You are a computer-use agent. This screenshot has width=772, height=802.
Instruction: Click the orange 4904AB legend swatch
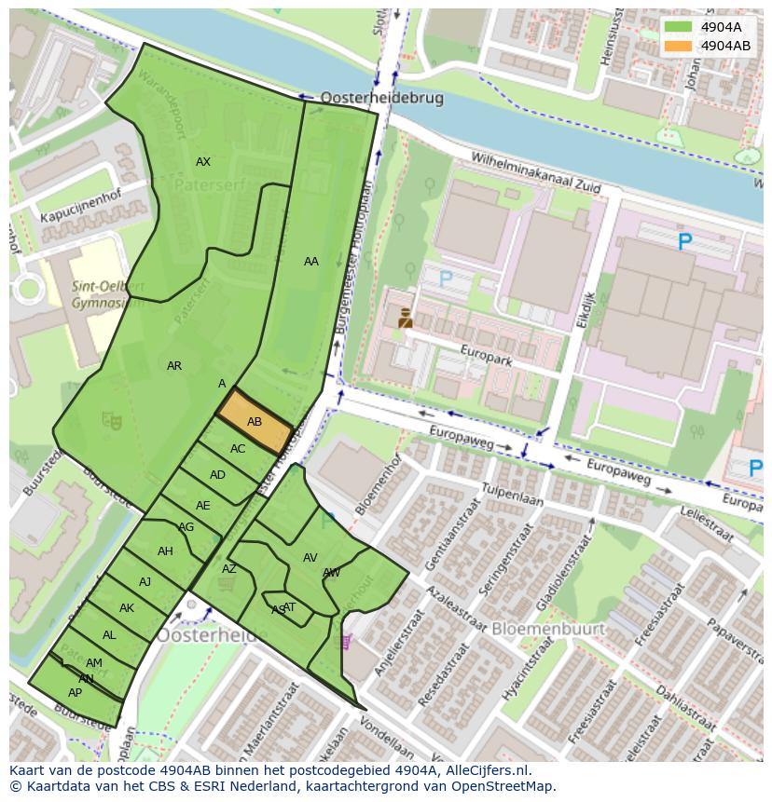[x=678, y=46]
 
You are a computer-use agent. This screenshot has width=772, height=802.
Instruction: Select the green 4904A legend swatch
[x=678, y=27]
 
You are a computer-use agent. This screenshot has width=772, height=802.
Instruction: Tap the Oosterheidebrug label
[x=381, y=98]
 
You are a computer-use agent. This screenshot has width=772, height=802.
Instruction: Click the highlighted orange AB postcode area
[x=255, y=422]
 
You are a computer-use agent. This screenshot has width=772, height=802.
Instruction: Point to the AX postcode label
[x=203, y=162]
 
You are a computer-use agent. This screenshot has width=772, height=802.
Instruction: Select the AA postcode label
[x=311, y=262]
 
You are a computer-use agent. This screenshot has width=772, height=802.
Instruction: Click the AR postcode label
[x=174, y=366]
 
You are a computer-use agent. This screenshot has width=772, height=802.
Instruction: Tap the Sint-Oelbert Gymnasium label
[x=106, y=293]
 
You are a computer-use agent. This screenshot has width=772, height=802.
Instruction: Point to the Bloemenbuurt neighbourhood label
[x=548, y=629]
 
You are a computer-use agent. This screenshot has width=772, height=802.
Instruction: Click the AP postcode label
[x=76, y=693]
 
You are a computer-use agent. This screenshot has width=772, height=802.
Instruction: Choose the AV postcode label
[x=310, y=558]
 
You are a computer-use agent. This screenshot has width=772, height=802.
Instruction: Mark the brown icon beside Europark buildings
[x=405, y=318]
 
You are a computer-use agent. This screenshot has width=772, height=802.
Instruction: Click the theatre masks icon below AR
[x=113, y=422]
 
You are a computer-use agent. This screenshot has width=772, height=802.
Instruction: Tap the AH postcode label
[x=165, y=551]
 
